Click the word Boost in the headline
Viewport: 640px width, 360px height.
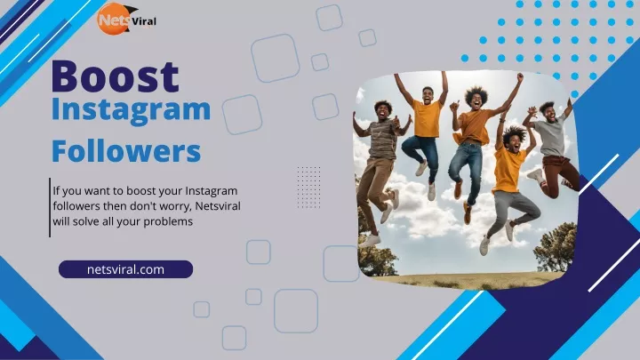pos(115,76)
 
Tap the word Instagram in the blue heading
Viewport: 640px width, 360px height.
pos(131,110)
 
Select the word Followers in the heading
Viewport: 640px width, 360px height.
pos(126,150)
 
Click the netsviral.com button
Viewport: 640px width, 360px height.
pos(125,269)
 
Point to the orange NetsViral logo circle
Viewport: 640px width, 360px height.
pos(113,19)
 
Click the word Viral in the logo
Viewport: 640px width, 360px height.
pos(144,21)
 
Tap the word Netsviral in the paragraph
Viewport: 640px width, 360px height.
pos(218,206)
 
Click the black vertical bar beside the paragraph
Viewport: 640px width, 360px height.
pos(50,207)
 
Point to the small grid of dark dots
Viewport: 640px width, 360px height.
pos(309,188)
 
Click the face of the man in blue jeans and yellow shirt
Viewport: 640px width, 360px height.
pos(428,96)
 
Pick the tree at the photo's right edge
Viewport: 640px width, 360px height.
pos(556,248)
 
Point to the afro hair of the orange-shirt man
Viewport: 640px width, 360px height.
pos(476,95)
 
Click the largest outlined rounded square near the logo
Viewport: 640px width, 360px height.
pos(275,59)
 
